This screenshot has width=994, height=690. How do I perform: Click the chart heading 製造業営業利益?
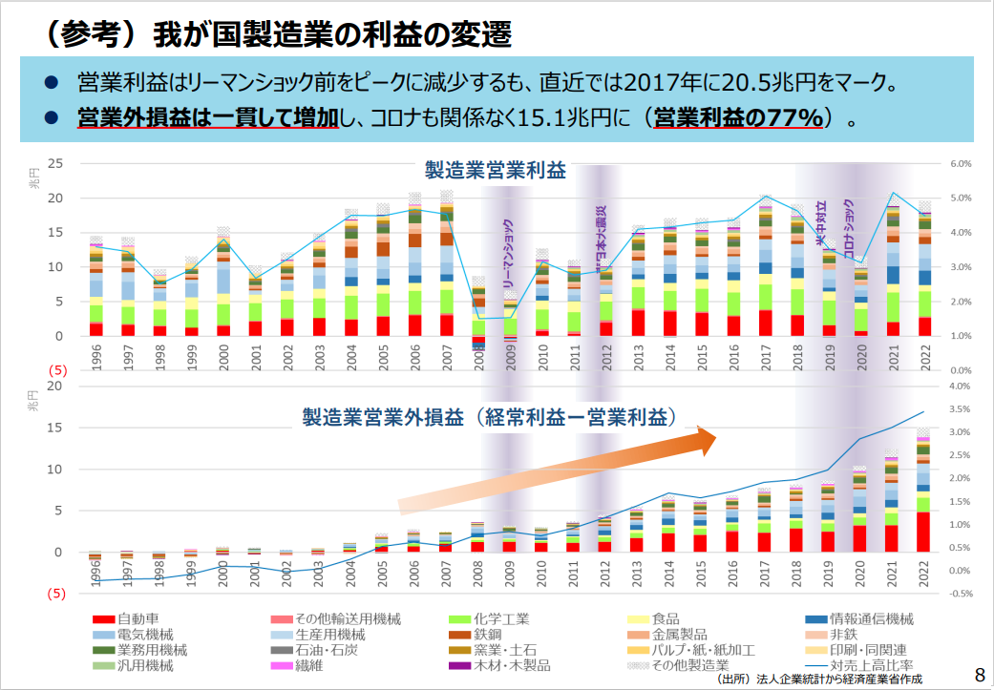[496, 172]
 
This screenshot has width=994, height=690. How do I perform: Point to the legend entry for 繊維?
[305, 665]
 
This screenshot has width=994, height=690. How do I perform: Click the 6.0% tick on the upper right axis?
[960, 164]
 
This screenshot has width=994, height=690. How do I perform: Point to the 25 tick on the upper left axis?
[55, 164]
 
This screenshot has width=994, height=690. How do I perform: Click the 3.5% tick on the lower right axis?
[960, 409]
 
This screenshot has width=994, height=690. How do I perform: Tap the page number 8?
[978, 674]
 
